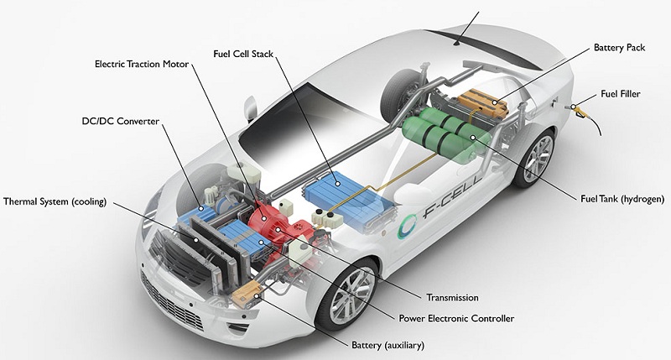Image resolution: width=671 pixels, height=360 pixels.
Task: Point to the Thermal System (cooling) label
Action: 55,201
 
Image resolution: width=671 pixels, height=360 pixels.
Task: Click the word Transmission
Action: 451,297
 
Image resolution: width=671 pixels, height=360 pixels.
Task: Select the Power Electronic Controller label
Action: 454,318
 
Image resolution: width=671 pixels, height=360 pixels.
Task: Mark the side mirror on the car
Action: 248,109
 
